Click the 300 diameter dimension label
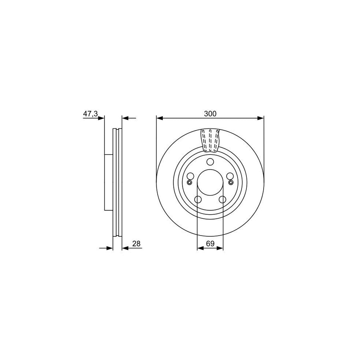[x=210, y=114]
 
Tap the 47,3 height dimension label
[x=90, y=114]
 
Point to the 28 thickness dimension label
[x=136, y=244]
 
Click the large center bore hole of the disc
[x=210, y=182]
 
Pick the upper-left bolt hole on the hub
[x=191, y=176]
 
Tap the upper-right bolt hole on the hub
[x=230, y=176]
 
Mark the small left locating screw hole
[x=190, y=183]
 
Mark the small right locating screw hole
[x=231, y=183]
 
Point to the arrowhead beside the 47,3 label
[x=101, y=118]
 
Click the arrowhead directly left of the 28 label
[x=124, y=248]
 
